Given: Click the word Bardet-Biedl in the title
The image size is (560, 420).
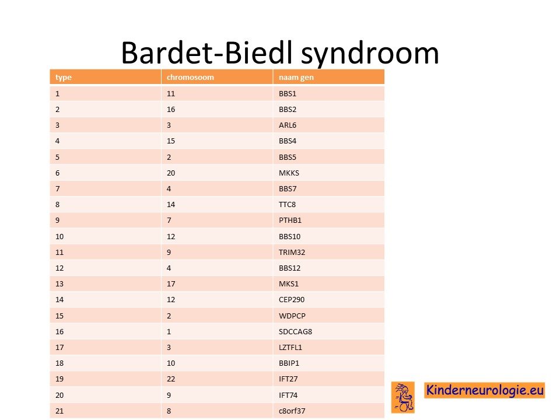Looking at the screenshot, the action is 206,52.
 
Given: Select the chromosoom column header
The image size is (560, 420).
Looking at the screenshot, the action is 190,77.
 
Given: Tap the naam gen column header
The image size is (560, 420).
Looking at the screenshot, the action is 296,78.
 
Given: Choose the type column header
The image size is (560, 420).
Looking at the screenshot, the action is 64,78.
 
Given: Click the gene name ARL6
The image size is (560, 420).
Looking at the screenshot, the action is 288,125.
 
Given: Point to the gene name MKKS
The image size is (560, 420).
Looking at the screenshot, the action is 289,173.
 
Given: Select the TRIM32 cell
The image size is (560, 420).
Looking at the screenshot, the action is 292,252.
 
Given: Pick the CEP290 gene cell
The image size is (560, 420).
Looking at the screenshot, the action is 292,300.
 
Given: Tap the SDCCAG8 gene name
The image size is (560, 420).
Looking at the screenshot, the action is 295,331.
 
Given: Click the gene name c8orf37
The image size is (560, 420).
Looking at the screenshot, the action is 292,411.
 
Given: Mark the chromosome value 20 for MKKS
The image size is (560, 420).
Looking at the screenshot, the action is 171,173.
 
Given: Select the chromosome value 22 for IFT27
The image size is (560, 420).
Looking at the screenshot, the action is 171,379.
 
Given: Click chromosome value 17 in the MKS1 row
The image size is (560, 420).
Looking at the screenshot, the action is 171,284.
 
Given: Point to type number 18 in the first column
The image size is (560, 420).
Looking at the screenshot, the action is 60,363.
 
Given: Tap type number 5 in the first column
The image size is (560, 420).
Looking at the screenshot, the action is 58,157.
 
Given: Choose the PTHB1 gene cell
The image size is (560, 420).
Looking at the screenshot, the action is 290,220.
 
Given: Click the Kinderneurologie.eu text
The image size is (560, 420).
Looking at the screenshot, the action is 485,390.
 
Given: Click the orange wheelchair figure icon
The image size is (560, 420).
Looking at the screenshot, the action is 403,397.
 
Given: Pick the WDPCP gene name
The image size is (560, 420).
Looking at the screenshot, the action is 292,316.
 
